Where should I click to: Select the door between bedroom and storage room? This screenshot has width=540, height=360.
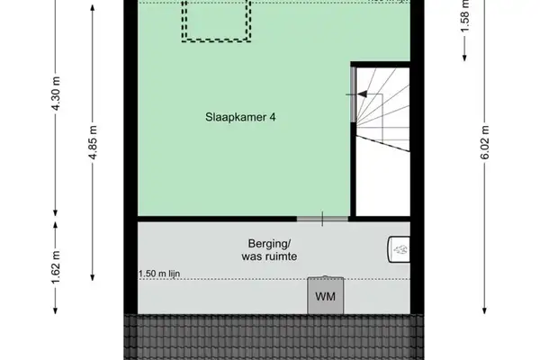point(322,219)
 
